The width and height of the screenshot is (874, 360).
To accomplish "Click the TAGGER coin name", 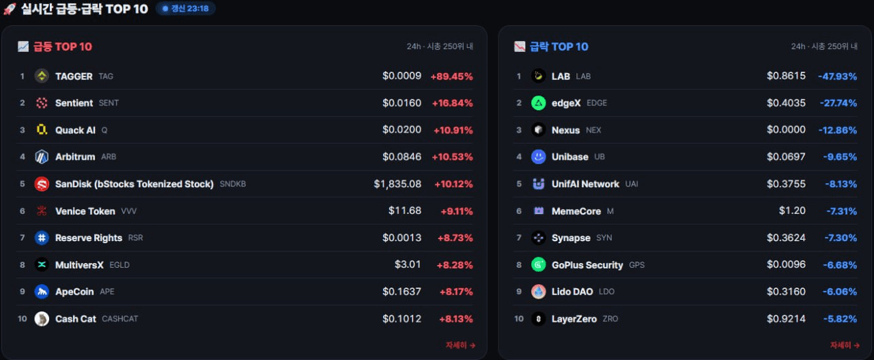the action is click(x=74, y=76).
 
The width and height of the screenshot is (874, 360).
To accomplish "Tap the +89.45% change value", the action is click(x=451, y=76).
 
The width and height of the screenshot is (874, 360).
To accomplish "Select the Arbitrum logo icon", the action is click(x=42, y=157).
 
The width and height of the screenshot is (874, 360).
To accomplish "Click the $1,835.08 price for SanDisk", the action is click(x=397, y=184).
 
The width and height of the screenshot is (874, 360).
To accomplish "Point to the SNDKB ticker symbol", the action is click(x=233, y=184).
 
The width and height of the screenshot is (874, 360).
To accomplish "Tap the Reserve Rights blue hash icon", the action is click(x=42, y=238).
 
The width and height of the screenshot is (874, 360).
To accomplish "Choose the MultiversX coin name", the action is click(x=79, y=265).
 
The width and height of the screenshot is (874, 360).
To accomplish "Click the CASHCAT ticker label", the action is click(x=119, y=319).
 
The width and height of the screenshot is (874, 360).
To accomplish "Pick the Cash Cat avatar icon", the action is click(x=42, y=319).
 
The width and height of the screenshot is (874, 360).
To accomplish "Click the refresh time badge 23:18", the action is click(x=186, y=9).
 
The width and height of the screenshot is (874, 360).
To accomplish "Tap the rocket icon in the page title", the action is click(x=10, y=9).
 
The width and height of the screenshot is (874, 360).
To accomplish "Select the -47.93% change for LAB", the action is click(x=837, y=76).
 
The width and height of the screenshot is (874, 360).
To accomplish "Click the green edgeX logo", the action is click(x=539, y=103).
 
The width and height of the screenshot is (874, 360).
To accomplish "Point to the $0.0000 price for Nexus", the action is click(x=786, y=130).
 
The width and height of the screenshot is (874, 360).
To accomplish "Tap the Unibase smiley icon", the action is click(x=539, y=157).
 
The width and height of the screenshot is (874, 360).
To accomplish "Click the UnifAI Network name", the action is click(x=585, y=184).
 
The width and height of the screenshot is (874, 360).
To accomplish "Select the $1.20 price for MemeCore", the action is click(x=792, y=211).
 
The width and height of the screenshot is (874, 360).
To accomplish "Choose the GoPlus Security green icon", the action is click(x=539, y=265).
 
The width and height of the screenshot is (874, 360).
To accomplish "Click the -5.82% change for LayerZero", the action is click(x=840, y=319).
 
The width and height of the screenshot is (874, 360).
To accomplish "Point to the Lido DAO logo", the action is click(x=539, y=292).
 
